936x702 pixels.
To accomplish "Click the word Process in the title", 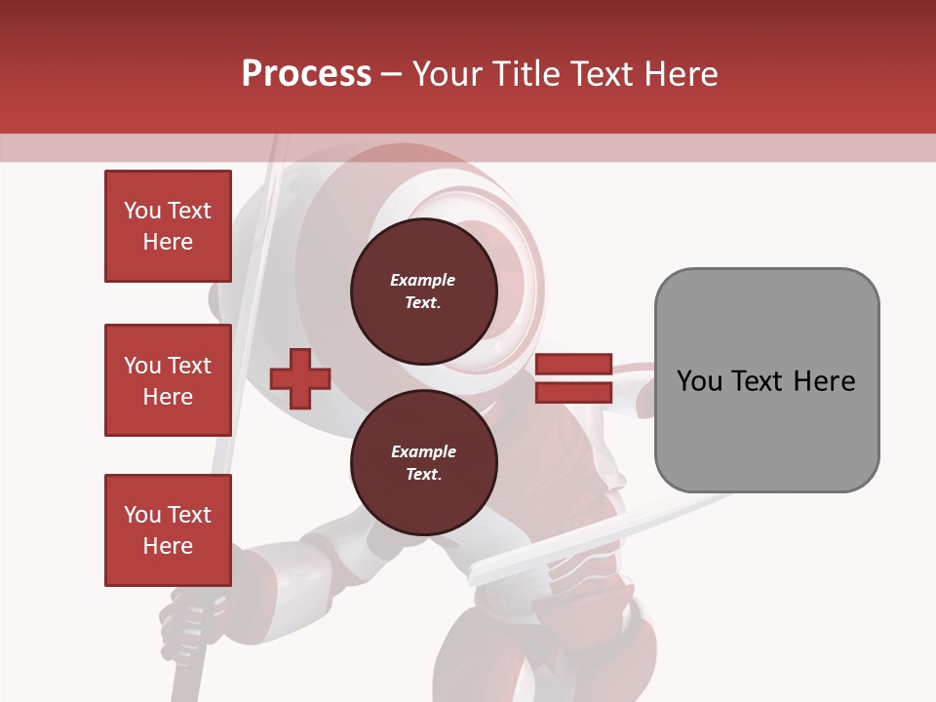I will [x=306, y=74].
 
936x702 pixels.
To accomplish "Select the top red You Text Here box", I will [x=168, y=226].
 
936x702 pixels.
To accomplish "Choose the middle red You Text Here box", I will [x=168, y=380].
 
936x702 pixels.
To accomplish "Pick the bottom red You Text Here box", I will [x=168, y=530].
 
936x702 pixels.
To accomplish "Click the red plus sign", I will [x=300, y=378].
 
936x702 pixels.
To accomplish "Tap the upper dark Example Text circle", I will [x=423, y=291].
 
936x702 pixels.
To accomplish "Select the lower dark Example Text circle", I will [x=423, y=462].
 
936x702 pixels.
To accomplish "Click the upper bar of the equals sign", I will [x=573, y=364].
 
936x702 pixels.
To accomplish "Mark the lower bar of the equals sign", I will [x=573, y=392].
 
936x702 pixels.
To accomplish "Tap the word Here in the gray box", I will [x=826, y=381].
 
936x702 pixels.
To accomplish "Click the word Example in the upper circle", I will [x=423, y=280].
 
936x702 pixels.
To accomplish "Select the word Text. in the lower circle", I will [x=423, y=475].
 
